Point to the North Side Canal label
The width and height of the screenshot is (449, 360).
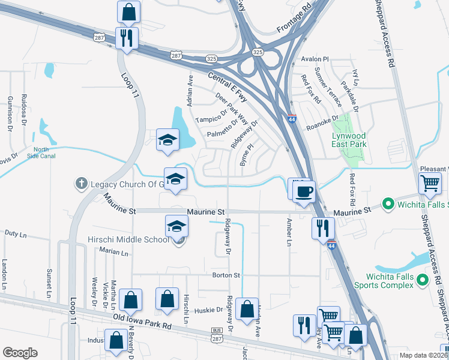coord(41,153)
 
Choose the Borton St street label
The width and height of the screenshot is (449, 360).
coord(226,275)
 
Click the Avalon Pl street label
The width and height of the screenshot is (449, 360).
coord(316,59)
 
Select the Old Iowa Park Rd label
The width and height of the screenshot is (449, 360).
coord(142,322)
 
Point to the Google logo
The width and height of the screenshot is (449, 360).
coord(20,352)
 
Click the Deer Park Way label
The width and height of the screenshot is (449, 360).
coord(232,107)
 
